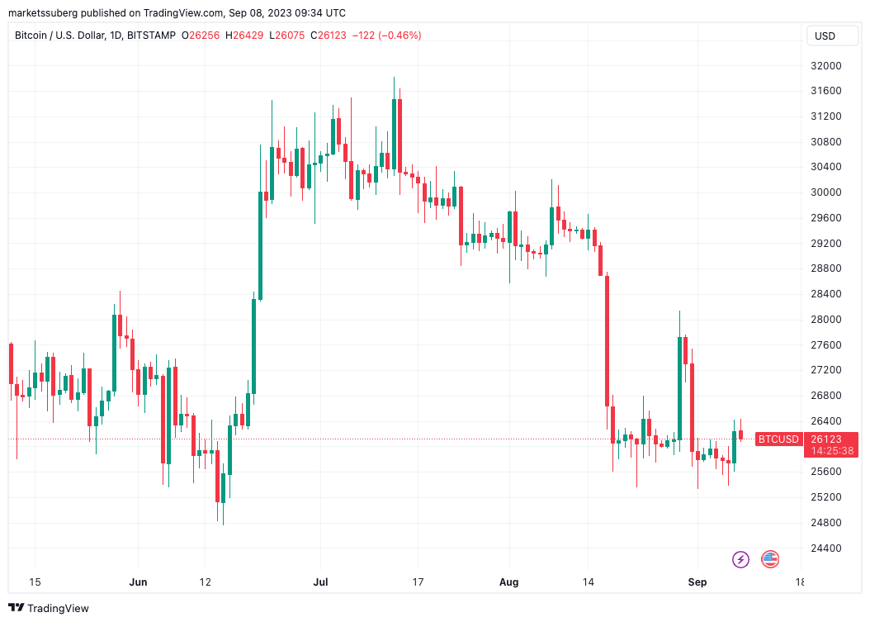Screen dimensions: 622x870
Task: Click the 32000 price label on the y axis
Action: click(x=826, y=66)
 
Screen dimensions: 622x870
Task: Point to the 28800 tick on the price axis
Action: click(x=826, y=268)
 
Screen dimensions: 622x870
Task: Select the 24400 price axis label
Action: click(x=826, y=548)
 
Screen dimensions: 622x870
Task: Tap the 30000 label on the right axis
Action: click(x=826, y=192)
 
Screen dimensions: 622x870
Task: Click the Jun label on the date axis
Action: click(x=138, y=582)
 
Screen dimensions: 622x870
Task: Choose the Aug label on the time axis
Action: click(x=509, y=582)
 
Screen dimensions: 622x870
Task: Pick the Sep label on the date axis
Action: click(x=697, y=582)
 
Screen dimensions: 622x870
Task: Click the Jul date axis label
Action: click(x=321, y=582)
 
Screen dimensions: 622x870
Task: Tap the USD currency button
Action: click(x=825, y=36)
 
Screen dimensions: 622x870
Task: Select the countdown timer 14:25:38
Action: click(x=832, y=451)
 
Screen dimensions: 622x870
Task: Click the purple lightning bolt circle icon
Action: click(x=740, y=559)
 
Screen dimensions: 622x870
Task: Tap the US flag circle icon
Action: click(x=770, y=559)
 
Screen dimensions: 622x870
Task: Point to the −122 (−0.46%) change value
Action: click(x=387, y=36)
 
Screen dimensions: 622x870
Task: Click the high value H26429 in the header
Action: click(x=248, y=36)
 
